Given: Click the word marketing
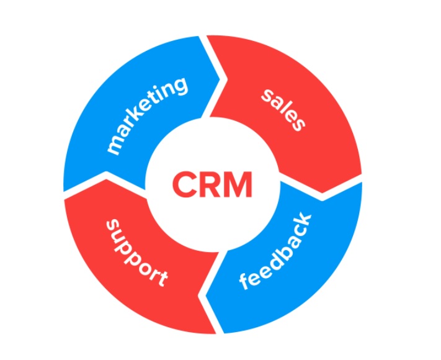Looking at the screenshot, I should coord(147,115).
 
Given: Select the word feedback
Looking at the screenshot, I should coord(277,251).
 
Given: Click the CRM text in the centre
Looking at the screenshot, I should coord(212,184).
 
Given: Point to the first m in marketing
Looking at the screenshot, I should coord(115,146).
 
